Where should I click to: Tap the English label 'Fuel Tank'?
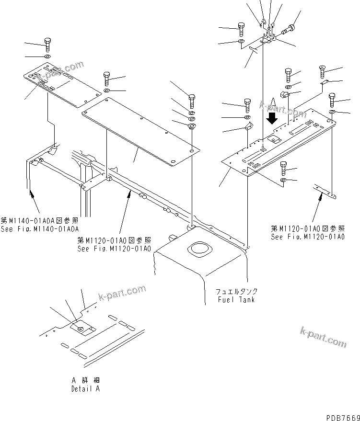coord(235,300)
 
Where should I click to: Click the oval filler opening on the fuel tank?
coord(198,250)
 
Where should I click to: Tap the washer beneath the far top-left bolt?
coord(47,57)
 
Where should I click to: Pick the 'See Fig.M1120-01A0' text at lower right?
coord(308,237)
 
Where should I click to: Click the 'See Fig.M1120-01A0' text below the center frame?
coord(114,249)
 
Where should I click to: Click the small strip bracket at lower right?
coord(325,191)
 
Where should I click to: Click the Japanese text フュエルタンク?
coord(236,292)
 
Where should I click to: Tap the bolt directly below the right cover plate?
coord(283,168)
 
